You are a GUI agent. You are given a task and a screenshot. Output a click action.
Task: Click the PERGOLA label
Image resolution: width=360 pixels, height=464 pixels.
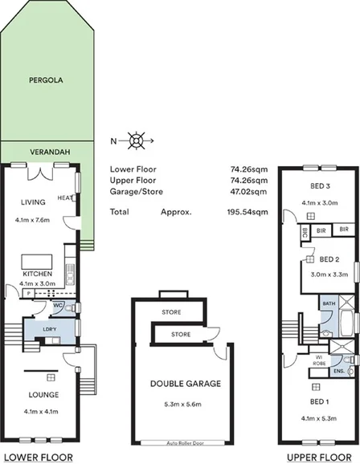point(46,81)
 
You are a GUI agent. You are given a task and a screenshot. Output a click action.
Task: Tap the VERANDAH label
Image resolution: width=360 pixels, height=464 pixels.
point(46,150)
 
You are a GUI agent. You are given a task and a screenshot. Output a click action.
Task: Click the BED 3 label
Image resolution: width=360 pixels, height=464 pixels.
point(321,187)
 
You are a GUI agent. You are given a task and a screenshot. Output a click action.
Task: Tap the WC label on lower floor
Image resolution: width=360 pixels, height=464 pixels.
point(59,305)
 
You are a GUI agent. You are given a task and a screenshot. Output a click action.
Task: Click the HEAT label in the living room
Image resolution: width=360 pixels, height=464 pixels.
point(64,197)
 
